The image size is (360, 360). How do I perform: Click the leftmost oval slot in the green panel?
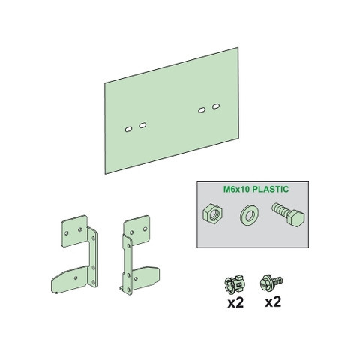(128, 129)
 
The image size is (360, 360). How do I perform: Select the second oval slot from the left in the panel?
(142, 125)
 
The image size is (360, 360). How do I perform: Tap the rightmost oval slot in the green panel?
(216, 106)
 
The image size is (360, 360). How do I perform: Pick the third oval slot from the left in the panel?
(202, 110)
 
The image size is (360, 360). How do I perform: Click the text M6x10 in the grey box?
(236, 189)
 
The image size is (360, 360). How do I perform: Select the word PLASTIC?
(271, 189)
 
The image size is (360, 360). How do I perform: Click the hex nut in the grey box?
(213, 213)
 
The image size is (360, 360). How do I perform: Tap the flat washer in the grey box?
(249, 214)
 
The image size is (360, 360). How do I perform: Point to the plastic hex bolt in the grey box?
(288, 214)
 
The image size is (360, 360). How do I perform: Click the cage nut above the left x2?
(235, 283)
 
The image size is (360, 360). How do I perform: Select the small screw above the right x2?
(271, 282)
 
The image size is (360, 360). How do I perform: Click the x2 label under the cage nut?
(235, 303)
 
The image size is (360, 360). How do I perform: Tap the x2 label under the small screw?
(273, 302)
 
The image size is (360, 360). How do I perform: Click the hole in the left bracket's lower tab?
(76, 277)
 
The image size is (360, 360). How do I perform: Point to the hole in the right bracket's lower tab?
(136, 278)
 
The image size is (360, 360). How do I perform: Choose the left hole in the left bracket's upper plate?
(67, 233)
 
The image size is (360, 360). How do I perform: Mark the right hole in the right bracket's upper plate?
(145, 229)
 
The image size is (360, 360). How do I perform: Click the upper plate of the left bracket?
(74, 231)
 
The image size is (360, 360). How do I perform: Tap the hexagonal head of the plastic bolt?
(295, 218)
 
